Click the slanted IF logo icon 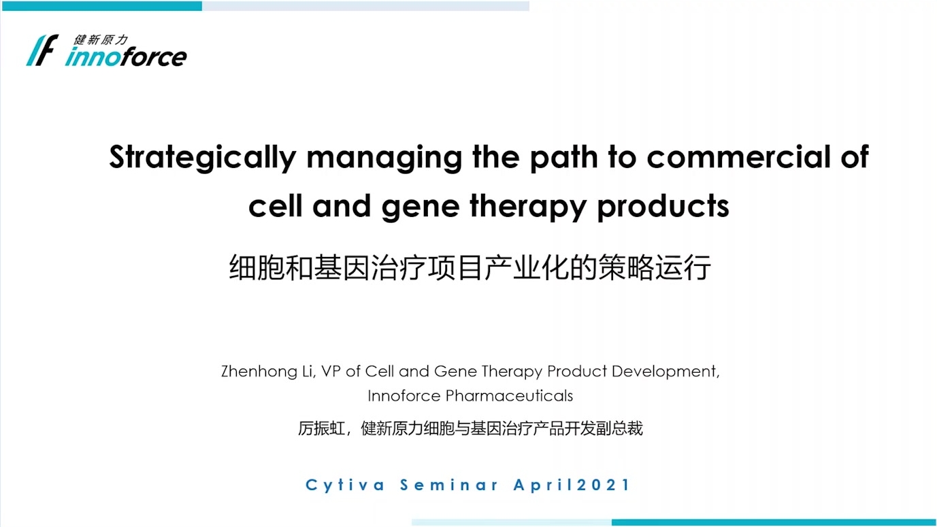[x=42, y=50]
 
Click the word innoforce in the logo [x=126, y=57]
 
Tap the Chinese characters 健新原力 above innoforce [x=101, y=39]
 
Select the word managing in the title [x=384, y=158]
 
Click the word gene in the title [x=421, y=207]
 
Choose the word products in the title [x=663, y=207]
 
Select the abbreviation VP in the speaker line [x=331, y=371]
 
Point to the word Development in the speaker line [x=665, y=371]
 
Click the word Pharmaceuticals [x=509, y=396]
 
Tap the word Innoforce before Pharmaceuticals [x=404, y=396]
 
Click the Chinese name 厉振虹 [x=320, y=428]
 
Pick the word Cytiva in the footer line [x=345, y=486]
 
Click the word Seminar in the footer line [x=449, y=485]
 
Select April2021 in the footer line [x=572, y=485]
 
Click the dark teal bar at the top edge [x=102, y=6]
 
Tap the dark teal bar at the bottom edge [x=773, y=522]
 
